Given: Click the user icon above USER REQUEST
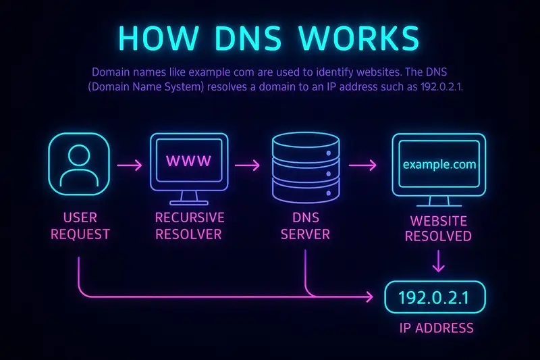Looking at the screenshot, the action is click(x=79, y=164).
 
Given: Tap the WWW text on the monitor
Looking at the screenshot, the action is click(x=189, y=161).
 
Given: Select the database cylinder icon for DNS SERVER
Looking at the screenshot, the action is click(x=306, y=168).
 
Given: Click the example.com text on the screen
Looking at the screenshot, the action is click(x=439, y=164).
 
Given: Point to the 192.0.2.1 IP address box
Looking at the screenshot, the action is click(x=435, y=297).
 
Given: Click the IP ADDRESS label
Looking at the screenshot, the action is click(x=436, y=328).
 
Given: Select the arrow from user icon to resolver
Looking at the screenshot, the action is click(x=130, y=165).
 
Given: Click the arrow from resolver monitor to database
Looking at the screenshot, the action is click(x=247, y=165).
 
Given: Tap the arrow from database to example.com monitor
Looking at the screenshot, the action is click(x=362, y=165).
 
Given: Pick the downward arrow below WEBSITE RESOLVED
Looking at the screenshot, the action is click(x=438, y=261).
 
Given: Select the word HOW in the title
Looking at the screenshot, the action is click(x=159, y=38).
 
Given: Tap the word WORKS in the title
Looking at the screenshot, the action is click(x=359, y=38).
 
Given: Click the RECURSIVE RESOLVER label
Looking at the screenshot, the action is click(x=190, y=226).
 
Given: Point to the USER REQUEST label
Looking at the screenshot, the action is click(x=80, y=226).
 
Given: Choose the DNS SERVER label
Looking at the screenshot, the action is click(x=306, y=226).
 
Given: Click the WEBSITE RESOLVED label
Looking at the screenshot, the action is click(x=438, y=228).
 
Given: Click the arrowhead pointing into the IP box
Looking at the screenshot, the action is click(x=370, y=297).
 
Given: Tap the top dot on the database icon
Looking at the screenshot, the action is click(x=329, y=153).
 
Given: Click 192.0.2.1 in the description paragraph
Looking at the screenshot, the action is click(x=441, y=86).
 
